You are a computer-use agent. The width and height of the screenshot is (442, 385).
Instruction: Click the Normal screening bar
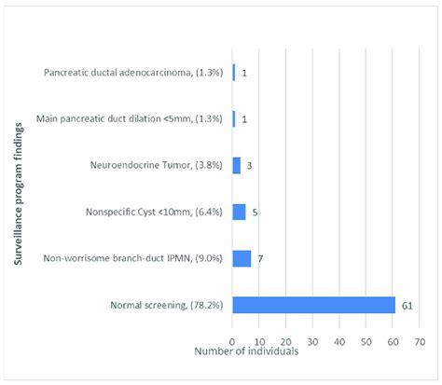pyautogui.click(x=314, y=305)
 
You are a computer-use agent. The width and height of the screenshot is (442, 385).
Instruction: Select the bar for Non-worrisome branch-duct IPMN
pyautogui.click(x=242, y=258)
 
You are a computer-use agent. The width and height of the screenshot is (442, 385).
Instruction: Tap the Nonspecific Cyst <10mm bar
pyautogui.click(x=239, y=212)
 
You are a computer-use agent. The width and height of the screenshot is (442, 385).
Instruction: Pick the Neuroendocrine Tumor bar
pyautogui.click(x=236, y=165)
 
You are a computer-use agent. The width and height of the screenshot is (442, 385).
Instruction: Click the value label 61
pyautogui.click(x=407, y=305)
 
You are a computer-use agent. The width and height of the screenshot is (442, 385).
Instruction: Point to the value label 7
pyautogui.click(x=260, y=258)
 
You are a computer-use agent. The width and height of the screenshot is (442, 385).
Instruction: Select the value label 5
pyautogui.click(x=255, y=212)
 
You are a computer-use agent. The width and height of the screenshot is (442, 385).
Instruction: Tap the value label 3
pyautogui.click(x=249, y=165)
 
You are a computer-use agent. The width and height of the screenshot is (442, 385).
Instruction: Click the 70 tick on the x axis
pyautogui.click(x=420, y=340)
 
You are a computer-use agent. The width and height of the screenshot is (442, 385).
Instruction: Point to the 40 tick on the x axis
pyautogui.click(x=339, y=340)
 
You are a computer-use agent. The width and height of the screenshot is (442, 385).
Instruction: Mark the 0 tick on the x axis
pyautogui.click(x=232, y=340)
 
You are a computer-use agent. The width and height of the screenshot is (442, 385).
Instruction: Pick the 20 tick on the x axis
pyautogui.click(x=286, y=340)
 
